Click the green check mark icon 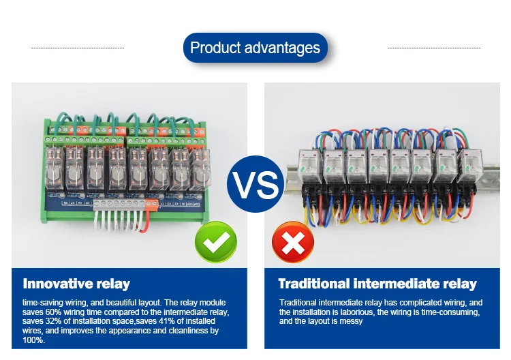(x=216, y=242)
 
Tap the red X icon (x=293, y=242)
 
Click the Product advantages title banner (x=255, y=48)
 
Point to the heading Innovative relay (x=76, y=284)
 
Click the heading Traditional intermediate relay (x=377, y=284)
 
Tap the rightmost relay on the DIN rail (x=468, y=166)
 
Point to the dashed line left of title (x=78, y=48)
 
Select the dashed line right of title (x=433, y=48)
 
